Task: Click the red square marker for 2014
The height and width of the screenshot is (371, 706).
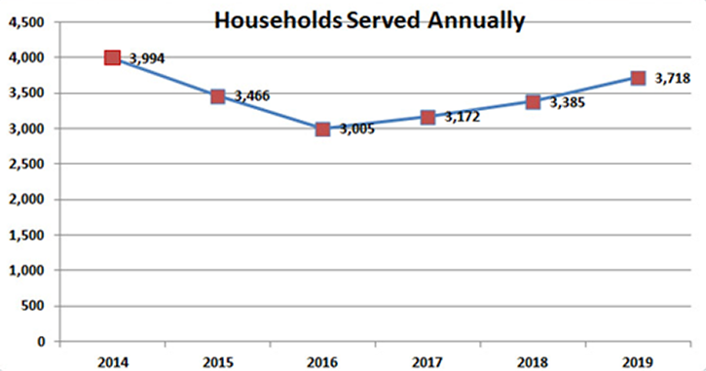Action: (112, 57)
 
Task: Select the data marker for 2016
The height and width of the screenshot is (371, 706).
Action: (322, 129)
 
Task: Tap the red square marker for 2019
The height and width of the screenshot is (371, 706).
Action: (638, 78)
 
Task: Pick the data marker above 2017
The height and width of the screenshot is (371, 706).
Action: (427, 117)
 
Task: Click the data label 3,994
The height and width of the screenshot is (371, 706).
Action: (146, 59)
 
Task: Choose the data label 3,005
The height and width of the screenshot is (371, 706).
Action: (357, 130)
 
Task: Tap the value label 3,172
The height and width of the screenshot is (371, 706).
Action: (463, 117)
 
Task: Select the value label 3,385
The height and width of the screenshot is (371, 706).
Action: (569, 101)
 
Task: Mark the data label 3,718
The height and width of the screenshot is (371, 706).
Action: (674, 79)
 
